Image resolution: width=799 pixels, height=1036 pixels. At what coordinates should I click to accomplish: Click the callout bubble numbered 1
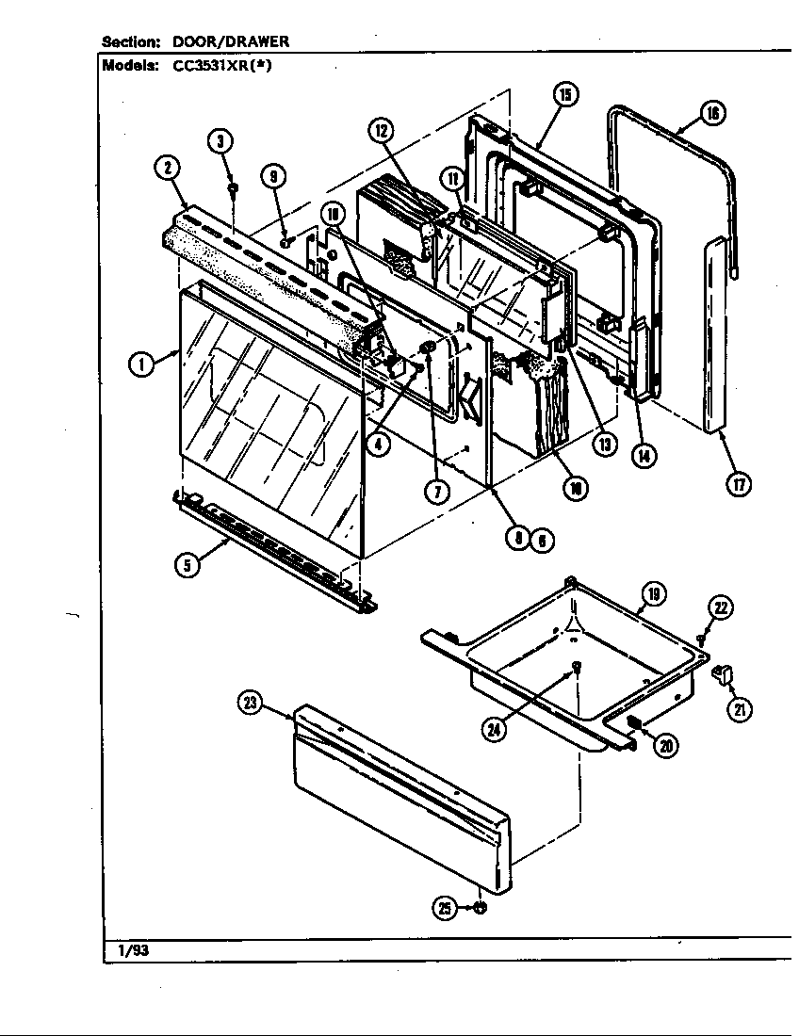pyautogui.click(x=142, y=364)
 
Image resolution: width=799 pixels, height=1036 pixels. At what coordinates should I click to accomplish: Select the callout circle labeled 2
pyautogui.click(x=167, y=169)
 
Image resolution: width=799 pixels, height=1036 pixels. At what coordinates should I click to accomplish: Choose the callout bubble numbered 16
pyautogui.click(x=712, y=114)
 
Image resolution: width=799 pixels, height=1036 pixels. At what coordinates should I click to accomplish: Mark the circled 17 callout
pyautogui.click(x=739, y=485)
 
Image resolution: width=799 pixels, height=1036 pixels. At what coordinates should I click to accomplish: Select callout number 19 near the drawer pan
pyautogui.click(x=652, y=593)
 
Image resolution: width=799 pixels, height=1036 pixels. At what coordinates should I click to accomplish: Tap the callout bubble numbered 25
pyautogui.click(x=445, y=908)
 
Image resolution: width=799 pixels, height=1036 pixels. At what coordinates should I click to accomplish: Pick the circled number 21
pyautogui.click(x=739, y=710)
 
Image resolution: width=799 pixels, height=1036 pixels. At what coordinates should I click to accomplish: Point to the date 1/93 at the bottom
pyautogui.click(x=133, y=950)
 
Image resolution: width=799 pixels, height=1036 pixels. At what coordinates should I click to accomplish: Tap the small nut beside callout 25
pyautogui.click(x=480, y=908)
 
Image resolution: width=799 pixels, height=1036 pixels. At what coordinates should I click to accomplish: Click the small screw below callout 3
pyautogui.click(x=233, y=189)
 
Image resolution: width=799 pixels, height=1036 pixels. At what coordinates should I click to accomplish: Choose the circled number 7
pyautogui.click(x=436, y=492)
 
